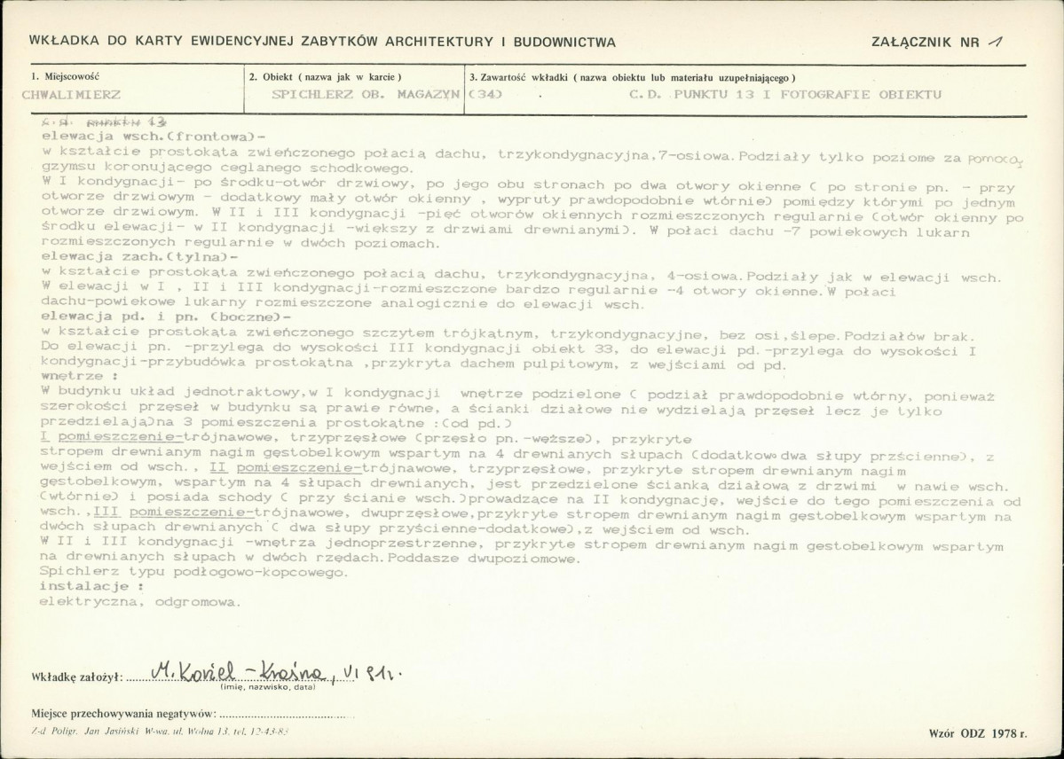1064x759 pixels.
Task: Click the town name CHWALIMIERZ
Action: click(70, 93)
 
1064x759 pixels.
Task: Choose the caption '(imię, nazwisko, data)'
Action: click(268, 687)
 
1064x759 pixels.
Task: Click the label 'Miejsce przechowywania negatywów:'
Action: click(123, 713)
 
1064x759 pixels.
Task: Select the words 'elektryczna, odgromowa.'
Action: click(139, 600)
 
